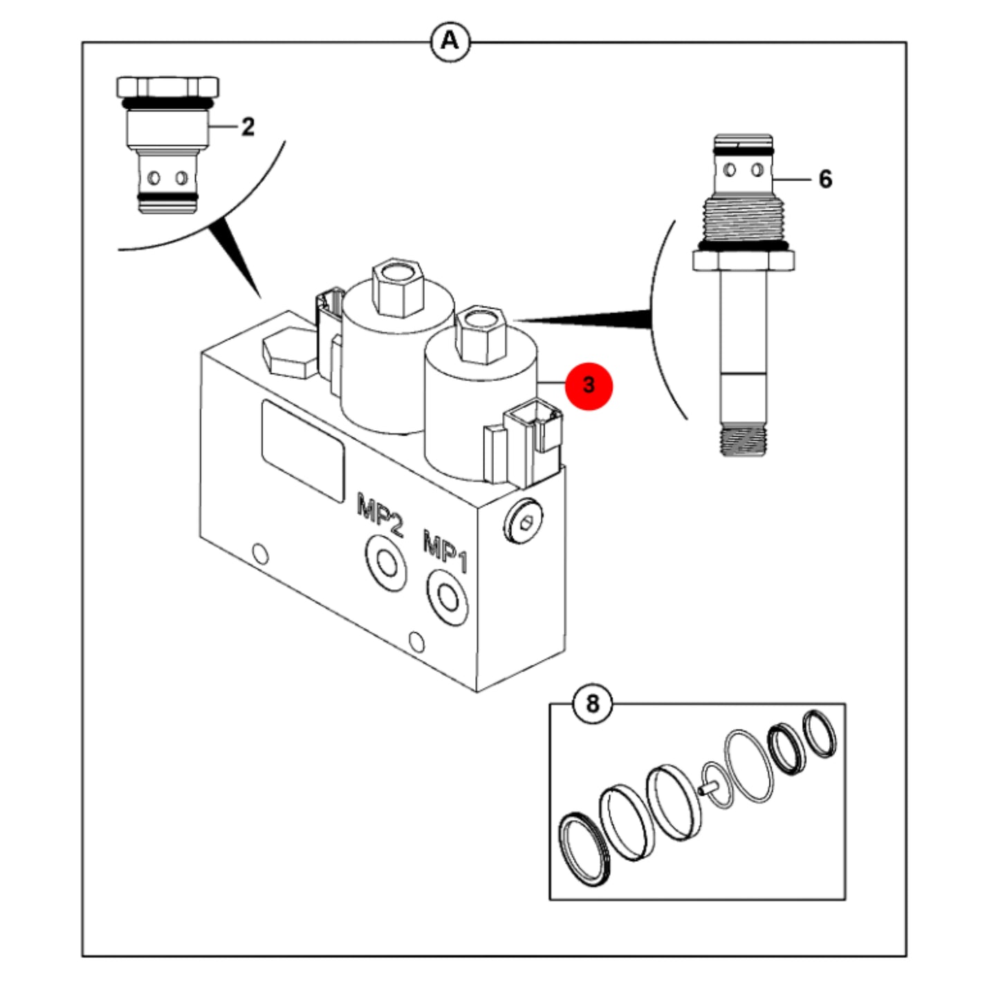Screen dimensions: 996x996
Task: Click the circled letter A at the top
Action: click(x=450, y=41)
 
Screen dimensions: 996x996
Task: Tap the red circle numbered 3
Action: click(x=589, y=386)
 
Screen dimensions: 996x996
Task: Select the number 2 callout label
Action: click(x=248, y=127)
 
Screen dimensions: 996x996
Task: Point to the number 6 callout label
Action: click(x=825, y=179)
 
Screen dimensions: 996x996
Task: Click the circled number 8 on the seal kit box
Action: click(x=592, y=703)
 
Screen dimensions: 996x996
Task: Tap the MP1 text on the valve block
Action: click(x=445, y=551)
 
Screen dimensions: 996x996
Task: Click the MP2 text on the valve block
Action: click(x=380, y=515)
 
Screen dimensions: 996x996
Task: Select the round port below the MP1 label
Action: click(x=447, y=598)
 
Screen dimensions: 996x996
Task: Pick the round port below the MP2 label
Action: click(x=385, y=562)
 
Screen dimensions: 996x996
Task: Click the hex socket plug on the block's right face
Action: click(x=522, y=521)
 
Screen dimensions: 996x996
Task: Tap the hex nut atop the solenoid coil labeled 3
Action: click(x=479, y=334)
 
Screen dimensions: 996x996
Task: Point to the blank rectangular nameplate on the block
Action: click(x=303, y=452)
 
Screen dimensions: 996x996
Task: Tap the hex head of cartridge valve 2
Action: click(x=167, y=87)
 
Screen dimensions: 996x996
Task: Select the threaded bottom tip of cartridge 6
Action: click(x=743, y=439)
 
